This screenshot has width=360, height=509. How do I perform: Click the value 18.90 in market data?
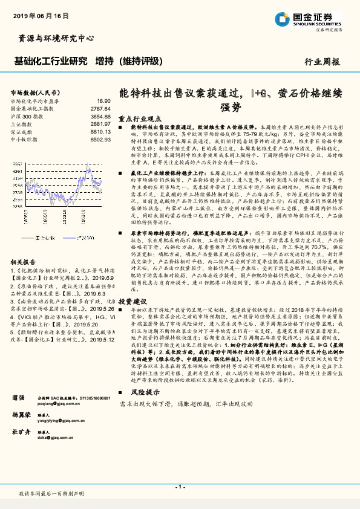(103, 102)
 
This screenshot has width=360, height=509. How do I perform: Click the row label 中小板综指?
(25, 139)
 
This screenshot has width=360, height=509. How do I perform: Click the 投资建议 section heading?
(133, 301)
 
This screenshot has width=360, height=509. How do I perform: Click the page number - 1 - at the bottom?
(180, 486)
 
